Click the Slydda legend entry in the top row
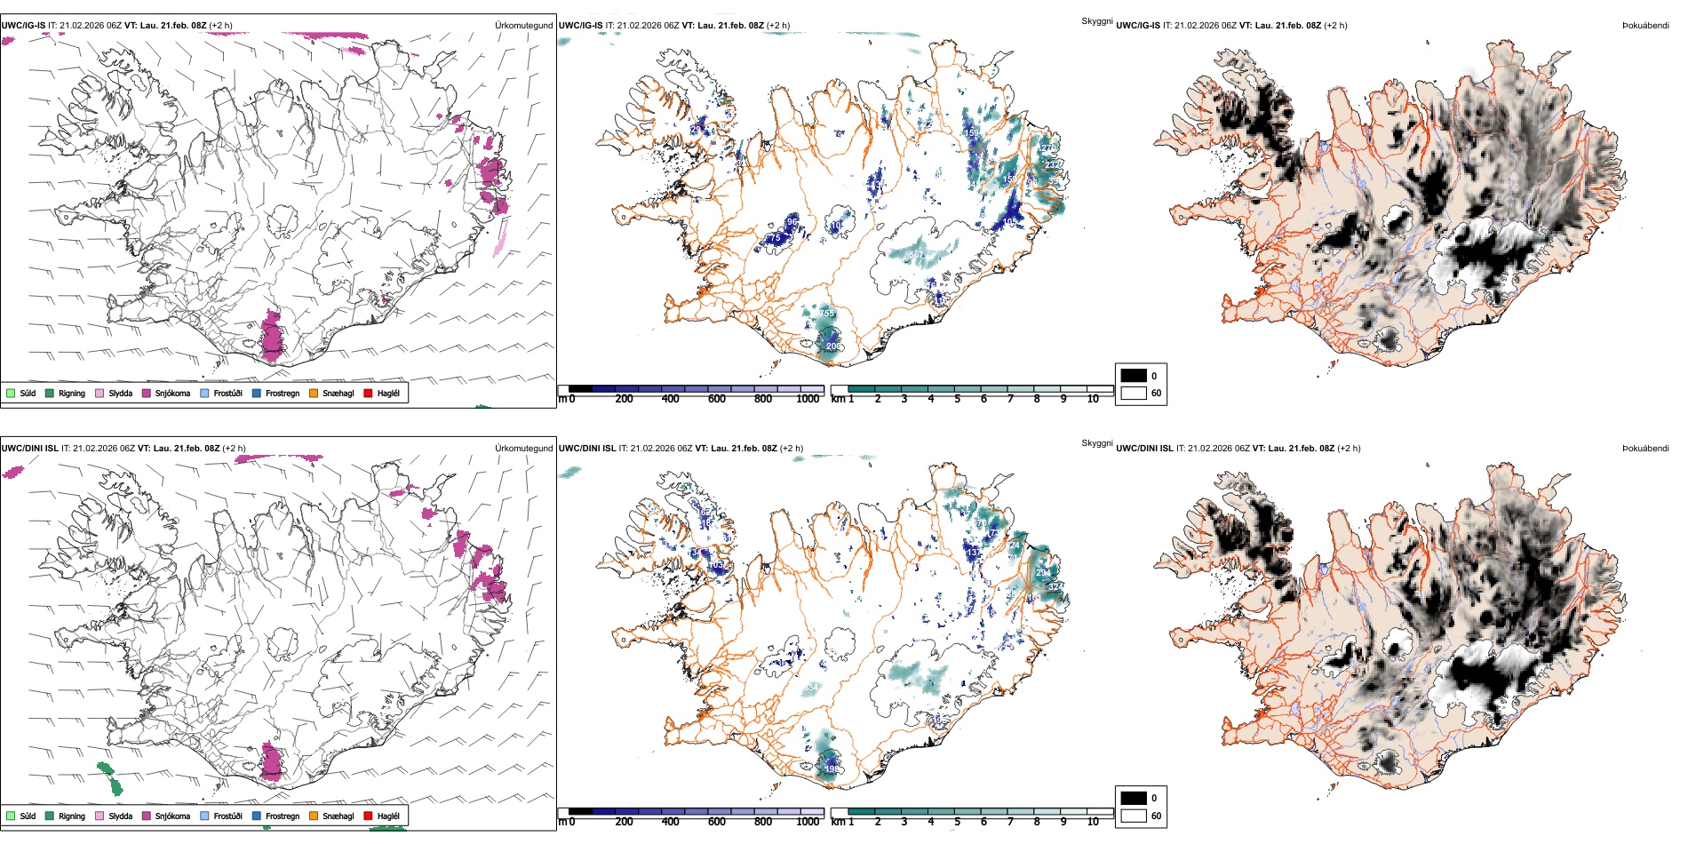tap(120, 394)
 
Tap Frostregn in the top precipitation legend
tap(282, 394)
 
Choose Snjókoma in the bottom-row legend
tap(172, 816)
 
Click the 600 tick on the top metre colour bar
tap(716, 399)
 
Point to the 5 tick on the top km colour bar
tap(957, 399)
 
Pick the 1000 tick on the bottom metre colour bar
tap(808, 822)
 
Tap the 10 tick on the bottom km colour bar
tap(1093, 822)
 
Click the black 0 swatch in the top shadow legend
tap(1134, 376)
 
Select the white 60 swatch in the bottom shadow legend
tap(1134, 816)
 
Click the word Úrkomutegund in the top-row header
tap(523, 26)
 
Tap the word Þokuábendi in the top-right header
tap(1645, 26)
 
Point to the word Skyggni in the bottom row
tap(1097, 443)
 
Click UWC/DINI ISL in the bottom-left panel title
tap(29, 449)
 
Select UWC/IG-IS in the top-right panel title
tap(1138, 26)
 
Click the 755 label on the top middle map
tap(826, 314)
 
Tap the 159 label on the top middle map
tap(972, 133)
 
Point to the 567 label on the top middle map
tap(917, 255)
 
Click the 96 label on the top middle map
tap(792, 221)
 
